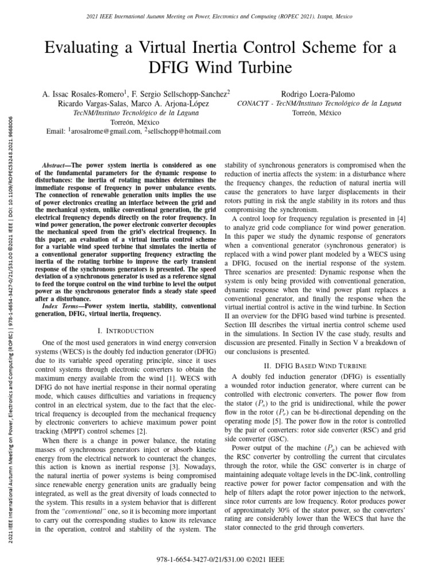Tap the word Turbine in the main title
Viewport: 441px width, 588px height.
(261, 69)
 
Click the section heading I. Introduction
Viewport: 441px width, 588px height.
(126, 331)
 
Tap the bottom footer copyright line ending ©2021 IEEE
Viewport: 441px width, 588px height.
(220, 559)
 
